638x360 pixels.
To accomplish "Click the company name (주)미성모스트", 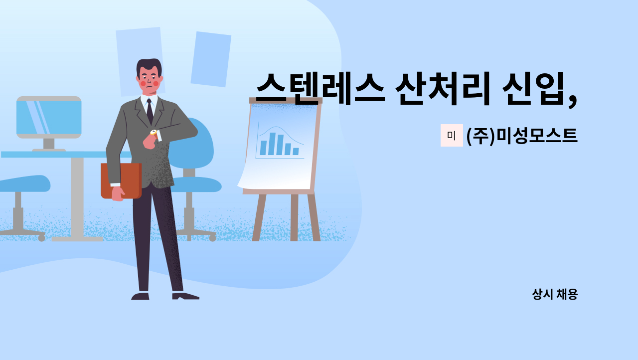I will (522, 136).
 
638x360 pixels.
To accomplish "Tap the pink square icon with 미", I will (451, 135).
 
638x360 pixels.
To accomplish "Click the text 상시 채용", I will (554, 294).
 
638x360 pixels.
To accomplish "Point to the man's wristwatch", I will (153, 133).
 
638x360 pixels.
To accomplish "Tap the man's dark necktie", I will (150, 112).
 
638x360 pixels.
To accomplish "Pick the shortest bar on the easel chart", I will (296, 151).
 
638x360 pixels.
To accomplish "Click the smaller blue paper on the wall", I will (210, 59).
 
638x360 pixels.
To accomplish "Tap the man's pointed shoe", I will (185, 296).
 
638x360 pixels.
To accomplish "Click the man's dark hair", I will (149, 65).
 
